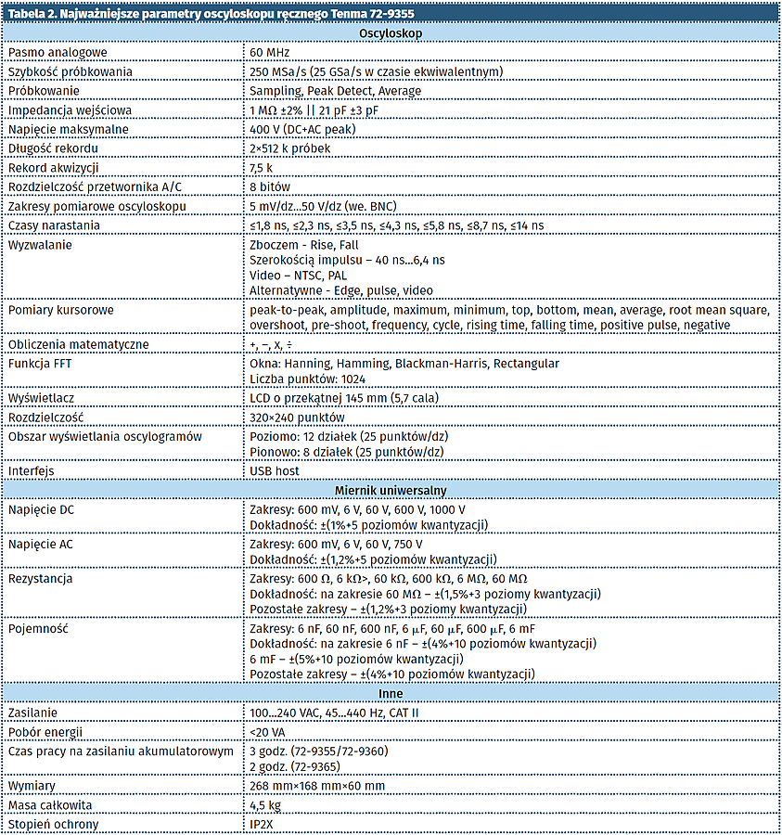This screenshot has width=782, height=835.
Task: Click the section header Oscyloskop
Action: (391, 33)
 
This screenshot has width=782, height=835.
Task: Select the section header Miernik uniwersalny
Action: (391, 488)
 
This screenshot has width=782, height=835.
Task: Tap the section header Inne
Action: (391, 693)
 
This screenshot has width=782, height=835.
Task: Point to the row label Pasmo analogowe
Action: (58, 53)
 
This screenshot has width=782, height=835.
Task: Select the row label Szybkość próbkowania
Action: (71, 71)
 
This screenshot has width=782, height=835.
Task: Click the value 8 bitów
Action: (270, 186)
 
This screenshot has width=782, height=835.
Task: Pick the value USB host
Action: (276, 470)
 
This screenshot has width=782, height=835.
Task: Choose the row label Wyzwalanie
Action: (40, 245)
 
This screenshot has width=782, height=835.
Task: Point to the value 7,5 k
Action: (261, 168)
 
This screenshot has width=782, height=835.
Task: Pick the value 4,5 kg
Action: (266, 805)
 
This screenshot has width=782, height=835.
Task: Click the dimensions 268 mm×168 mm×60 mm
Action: (317, 786)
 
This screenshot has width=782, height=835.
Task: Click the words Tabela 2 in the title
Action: (32, 13)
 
